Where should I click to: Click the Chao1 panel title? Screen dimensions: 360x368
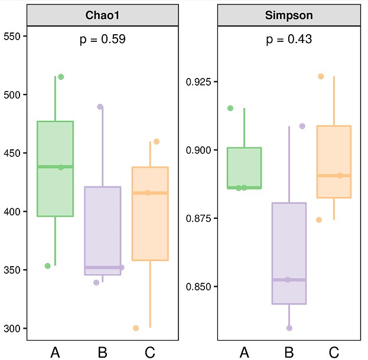click(102, 15)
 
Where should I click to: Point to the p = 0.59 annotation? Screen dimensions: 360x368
click(102, 40)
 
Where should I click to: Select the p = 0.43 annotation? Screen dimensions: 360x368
click(289, 40)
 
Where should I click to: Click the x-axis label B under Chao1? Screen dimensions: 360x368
click(102, 352)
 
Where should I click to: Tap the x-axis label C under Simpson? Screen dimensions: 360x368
click(334, 352)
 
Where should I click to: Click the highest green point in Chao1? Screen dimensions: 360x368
click(61, 77)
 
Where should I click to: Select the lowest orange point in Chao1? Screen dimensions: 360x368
click(136, 328)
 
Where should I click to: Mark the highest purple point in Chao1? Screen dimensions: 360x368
click(100, 107)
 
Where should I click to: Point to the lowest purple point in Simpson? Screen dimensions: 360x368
click(289, 328)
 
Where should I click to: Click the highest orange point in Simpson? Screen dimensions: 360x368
click(321, 76)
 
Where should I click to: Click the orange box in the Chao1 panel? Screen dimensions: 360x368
click(150, 224)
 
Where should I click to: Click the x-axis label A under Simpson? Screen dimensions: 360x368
click(244, 352)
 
